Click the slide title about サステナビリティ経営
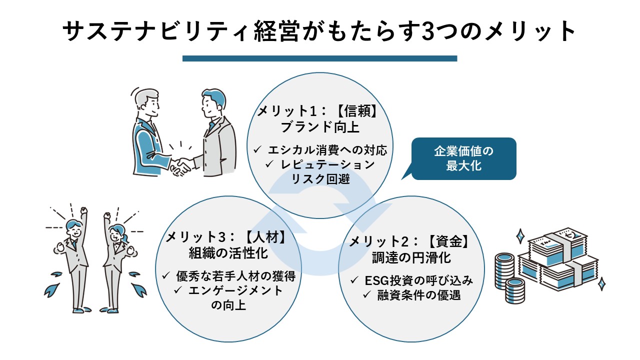[x=320, y=31]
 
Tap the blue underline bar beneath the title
[x=320, y=58]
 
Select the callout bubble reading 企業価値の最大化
[x=463, y=158]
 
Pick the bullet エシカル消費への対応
[x=320, y=149]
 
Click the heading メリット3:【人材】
[x=227, y=237]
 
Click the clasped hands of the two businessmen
[x=180, y=165]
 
